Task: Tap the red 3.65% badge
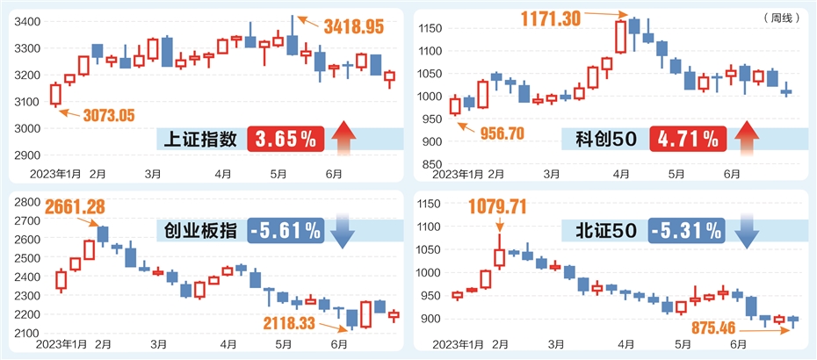coord(286,138)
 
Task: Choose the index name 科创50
coord(607,139)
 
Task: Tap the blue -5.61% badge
coord(286,230)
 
